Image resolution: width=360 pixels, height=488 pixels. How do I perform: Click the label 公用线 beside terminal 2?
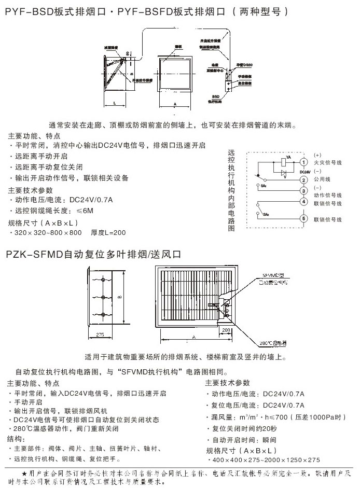pyautogui.click(x=323, y=178)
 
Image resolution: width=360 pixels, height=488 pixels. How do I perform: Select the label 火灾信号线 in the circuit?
pyautogui.click(x=328, y=162)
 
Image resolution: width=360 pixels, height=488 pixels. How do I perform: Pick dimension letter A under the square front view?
pyautogui.click(x=175, y=104)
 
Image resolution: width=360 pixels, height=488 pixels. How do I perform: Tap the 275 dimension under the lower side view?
pyautogui.click(x=101, y=334)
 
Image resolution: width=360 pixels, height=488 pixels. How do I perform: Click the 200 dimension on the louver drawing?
pyautogui.click(x=226, y=329)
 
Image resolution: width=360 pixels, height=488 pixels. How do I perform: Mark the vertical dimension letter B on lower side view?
pyautogui.click(x=119, y=297)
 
